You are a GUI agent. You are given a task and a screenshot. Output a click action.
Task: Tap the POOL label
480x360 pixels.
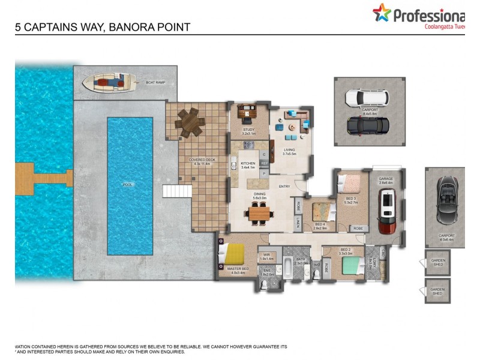click(x=127, y=185)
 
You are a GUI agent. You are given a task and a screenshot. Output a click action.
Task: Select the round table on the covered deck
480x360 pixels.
click(x=190, y=122)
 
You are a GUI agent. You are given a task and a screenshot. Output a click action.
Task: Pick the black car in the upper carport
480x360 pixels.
click(x=368, y=124)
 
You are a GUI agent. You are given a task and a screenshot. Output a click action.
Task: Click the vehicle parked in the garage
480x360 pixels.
click(x=387, y=211)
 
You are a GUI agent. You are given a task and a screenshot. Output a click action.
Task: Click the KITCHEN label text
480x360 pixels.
click(x=248, y=163)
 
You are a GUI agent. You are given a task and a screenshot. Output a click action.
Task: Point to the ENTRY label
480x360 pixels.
click(x=284, y=186)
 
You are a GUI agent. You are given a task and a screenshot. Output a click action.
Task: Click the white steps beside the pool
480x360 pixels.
click(x=176, y=192)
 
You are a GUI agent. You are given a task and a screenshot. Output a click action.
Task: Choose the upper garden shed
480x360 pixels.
click(x=437, y=262)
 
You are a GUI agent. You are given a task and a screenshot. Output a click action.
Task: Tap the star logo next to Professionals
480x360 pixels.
click(x=381, y=13)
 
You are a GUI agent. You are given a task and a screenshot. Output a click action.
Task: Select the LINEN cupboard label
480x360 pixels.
click(x=297, y=223)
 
